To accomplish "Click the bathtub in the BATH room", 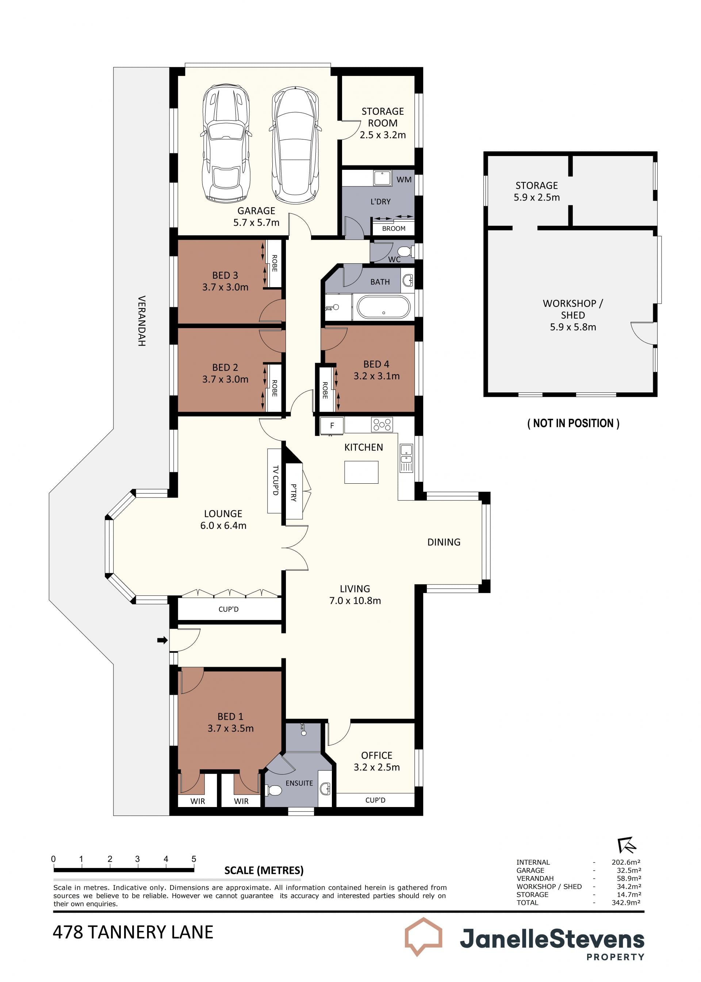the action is coord(383,307).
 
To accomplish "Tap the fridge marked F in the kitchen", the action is coord(332,425).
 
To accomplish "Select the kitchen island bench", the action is coord(361,472).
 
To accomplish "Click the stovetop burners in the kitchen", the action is coord(382,425).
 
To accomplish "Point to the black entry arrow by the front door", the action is coord(162,640).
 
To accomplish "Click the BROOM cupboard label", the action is coord(394,228).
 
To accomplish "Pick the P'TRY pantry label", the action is coord(294,492).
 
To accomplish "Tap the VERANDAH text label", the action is coord(142,321).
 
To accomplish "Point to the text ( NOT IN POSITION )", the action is coord(573,423).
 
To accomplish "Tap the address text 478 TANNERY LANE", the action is coord(133,932).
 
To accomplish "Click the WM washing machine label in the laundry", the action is coord(404,180).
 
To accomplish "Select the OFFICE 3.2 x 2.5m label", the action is coord(377,761).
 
